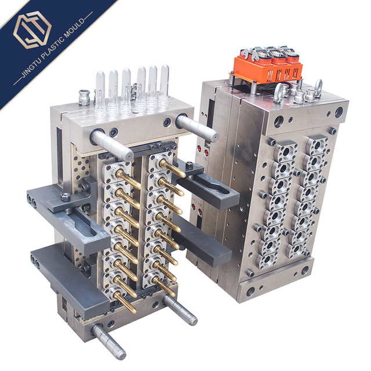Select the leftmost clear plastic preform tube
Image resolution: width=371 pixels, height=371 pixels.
[x=100, y=94]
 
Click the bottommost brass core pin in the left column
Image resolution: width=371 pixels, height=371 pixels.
[x=125, y=302]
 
